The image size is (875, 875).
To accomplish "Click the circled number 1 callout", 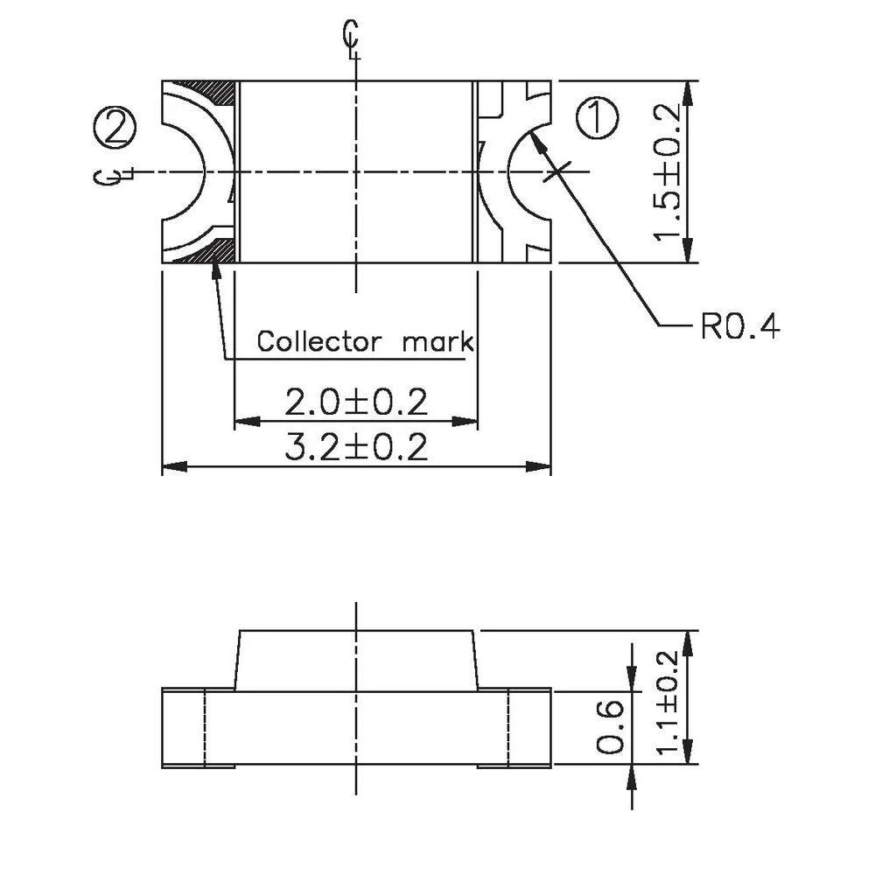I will (598, 118).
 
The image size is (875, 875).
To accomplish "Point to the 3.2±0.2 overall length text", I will (356, 448).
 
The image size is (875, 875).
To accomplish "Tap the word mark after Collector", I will (437, 341).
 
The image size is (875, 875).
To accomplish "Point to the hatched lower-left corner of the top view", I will (219, 252).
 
